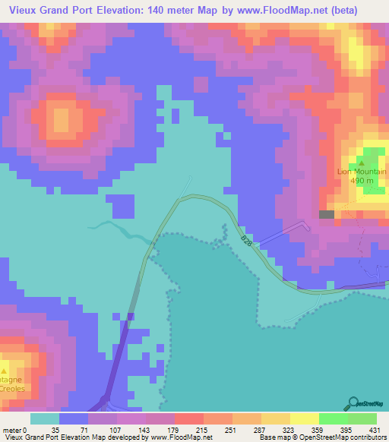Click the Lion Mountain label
(362, 172)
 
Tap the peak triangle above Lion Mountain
(362, 163)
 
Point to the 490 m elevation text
(362, 181)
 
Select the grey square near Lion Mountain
(327, 215)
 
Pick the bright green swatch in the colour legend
(333, 419)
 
